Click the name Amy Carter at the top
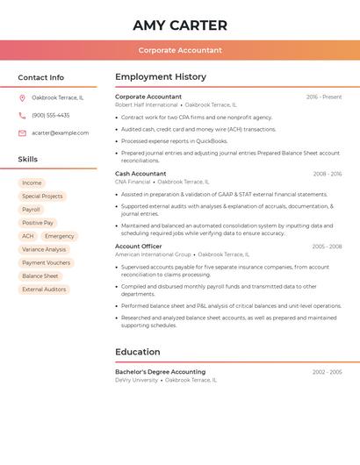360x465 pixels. pos(180,25)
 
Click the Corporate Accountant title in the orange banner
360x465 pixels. pos(180,50)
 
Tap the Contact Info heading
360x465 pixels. pos(40,77)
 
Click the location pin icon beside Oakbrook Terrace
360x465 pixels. pos(22,97)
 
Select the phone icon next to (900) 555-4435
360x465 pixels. pos(22,115)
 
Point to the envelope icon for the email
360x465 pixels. pos(22,133)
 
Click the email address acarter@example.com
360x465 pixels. pos(60,133)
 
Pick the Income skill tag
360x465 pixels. pos(32,182)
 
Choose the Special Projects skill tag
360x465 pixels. pos(42,197)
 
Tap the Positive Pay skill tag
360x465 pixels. pos(38,223)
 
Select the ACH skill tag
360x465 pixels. pos(28,236)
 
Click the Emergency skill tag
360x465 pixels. pos(60,236)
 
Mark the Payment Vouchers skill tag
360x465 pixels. pos(46,262)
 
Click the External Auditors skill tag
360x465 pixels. pos(44,290)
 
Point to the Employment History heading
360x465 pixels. pos(161,77)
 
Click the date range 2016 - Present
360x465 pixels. pos(323,97)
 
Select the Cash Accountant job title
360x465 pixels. pos(140,174)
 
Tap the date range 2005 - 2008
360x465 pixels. pos(327,247)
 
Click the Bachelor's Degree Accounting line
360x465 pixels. pos(160,372)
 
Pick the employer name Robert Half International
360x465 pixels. pos(146,104)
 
